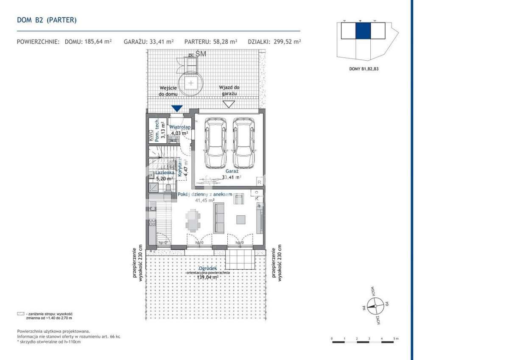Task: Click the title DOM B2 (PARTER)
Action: coord(47,20)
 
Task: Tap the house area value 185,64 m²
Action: coord(96,42)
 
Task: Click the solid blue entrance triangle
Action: coord(177,109)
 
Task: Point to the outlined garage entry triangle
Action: coord(229,104)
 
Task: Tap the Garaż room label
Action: coord(229,171)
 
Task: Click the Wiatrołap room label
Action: coord(179,127)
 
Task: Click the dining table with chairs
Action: coord(193,221)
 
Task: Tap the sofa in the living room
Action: coord(219,218)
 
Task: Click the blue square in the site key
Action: coord(363,31)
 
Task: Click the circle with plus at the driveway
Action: coord(192,83)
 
